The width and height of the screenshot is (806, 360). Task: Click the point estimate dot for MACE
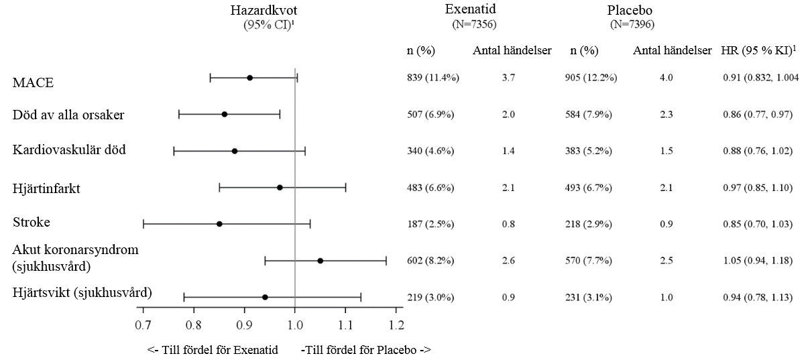249,78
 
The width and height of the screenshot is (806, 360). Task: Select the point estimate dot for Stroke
219,224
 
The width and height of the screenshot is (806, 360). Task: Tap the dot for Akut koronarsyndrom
321,261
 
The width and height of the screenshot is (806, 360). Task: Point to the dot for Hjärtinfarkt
280,187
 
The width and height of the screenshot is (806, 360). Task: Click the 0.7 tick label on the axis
143,325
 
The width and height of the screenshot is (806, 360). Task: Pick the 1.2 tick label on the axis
396,325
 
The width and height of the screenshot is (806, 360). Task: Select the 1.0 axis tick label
295,325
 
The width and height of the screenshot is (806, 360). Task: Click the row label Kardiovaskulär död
69,149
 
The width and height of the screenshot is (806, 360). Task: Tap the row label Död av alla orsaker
68,115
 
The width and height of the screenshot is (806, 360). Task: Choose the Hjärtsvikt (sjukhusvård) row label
82,293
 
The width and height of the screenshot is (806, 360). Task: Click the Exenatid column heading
470,9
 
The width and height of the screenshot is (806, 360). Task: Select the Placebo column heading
630,10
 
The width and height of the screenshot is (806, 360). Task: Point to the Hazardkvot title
264,10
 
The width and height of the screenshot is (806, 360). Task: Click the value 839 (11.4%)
433,78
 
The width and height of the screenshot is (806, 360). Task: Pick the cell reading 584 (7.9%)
588,115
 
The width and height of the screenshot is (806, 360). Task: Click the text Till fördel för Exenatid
220,350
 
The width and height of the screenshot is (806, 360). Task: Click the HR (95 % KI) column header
758,50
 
